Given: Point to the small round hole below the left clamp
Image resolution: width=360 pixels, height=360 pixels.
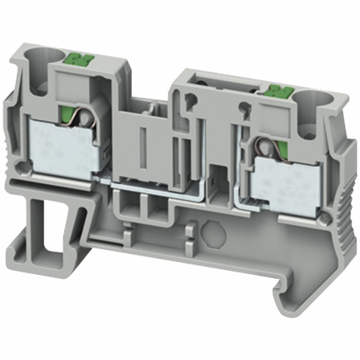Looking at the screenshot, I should pyautogui.click(x=29, y=166).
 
